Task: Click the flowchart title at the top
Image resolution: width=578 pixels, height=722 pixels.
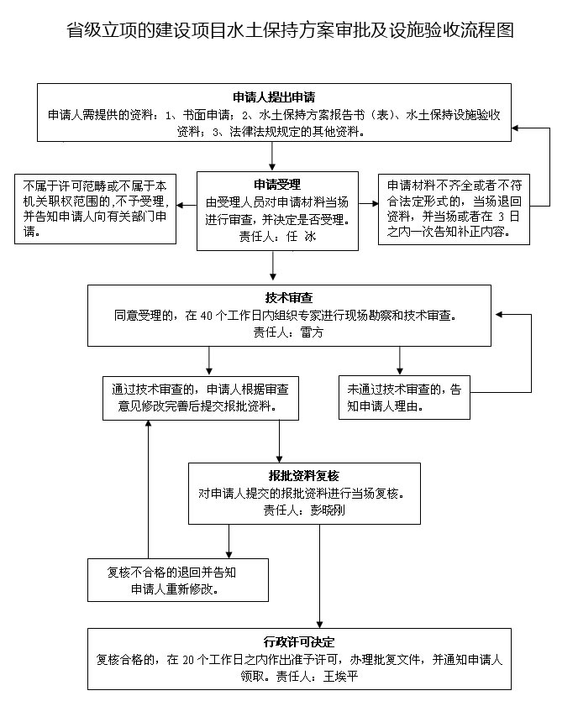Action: coord(290,30)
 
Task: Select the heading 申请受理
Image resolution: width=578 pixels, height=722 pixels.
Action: coord(272,184)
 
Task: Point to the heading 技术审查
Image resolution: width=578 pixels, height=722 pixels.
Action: coord(289,298)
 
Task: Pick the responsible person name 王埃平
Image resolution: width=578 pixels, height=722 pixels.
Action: coord(339,675)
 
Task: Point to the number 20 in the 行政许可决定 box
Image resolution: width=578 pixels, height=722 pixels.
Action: coord(188,659)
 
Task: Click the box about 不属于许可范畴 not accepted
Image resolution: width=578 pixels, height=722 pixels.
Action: coord(94,208)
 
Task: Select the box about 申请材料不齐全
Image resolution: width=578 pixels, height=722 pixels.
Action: coord(454,208)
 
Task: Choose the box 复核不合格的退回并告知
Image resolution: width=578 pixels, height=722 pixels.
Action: coord(173,581)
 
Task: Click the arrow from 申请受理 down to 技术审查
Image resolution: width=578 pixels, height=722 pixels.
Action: coord(272,267)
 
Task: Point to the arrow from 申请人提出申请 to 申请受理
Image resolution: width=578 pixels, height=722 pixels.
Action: coord(272,156)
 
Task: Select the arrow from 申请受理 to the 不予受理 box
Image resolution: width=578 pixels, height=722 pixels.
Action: coord(187,203)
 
